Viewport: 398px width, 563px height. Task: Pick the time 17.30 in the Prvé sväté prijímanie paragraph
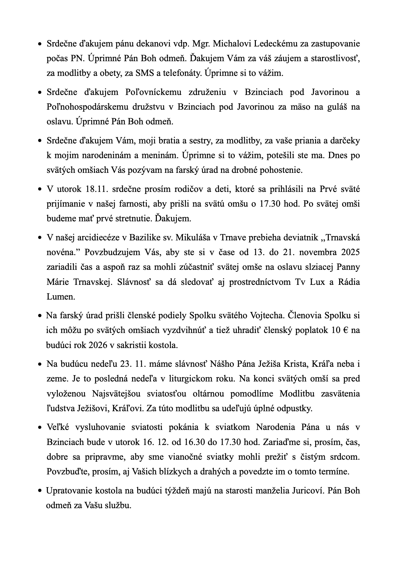tap(269, 204)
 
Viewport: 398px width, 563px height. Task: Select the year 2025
tap(351, 252)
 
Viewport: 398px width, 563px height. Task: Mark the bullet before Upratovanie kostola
tap(40, 491)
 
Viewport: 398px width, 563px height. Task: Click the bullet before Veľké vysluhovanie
tap(40, 428)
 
